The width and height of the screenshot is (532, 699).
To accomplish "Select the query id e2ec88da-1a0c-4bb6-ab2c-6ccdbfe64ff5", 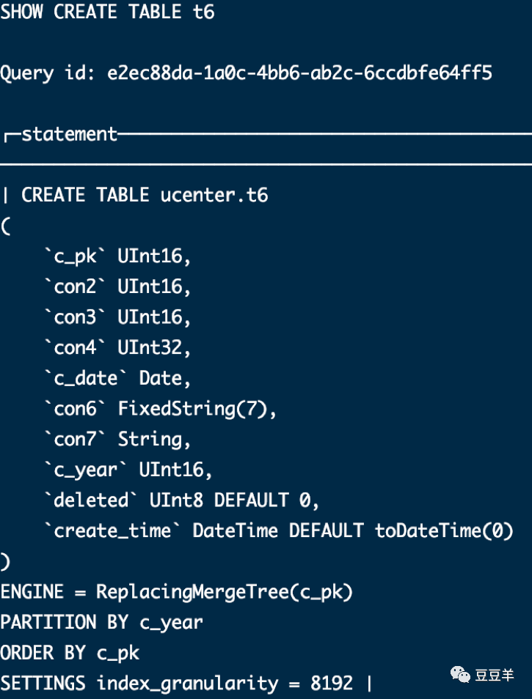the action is [x=299, y=73].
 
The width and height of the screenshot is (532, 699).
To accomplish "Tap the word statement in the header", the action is [x=69, y=134].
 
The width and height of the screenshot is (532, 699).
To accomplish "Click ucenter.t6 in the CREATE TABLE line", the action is [x=214, y=195].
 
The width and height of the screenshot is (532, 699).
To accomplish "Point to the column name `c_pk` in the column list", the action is [x=75, y=256].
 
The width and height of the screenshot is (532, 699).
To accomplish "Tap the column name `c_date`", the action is [x=86, y=378].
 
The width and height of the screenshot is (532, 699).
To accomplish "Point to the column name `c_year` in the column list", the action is [x=86, y=470].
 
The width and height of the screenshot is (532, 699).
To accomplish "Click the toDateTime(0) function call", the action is [x=444, y=531].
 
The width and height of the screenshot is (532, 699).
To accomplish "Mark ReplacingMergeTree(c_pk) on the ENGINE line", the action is [x=225, y=592].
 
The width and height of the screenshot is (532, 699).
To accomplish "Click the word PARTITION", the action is [x=48, y=622].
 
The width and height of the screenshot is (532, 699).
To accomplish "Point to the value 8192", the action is [x=332, y=683].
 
